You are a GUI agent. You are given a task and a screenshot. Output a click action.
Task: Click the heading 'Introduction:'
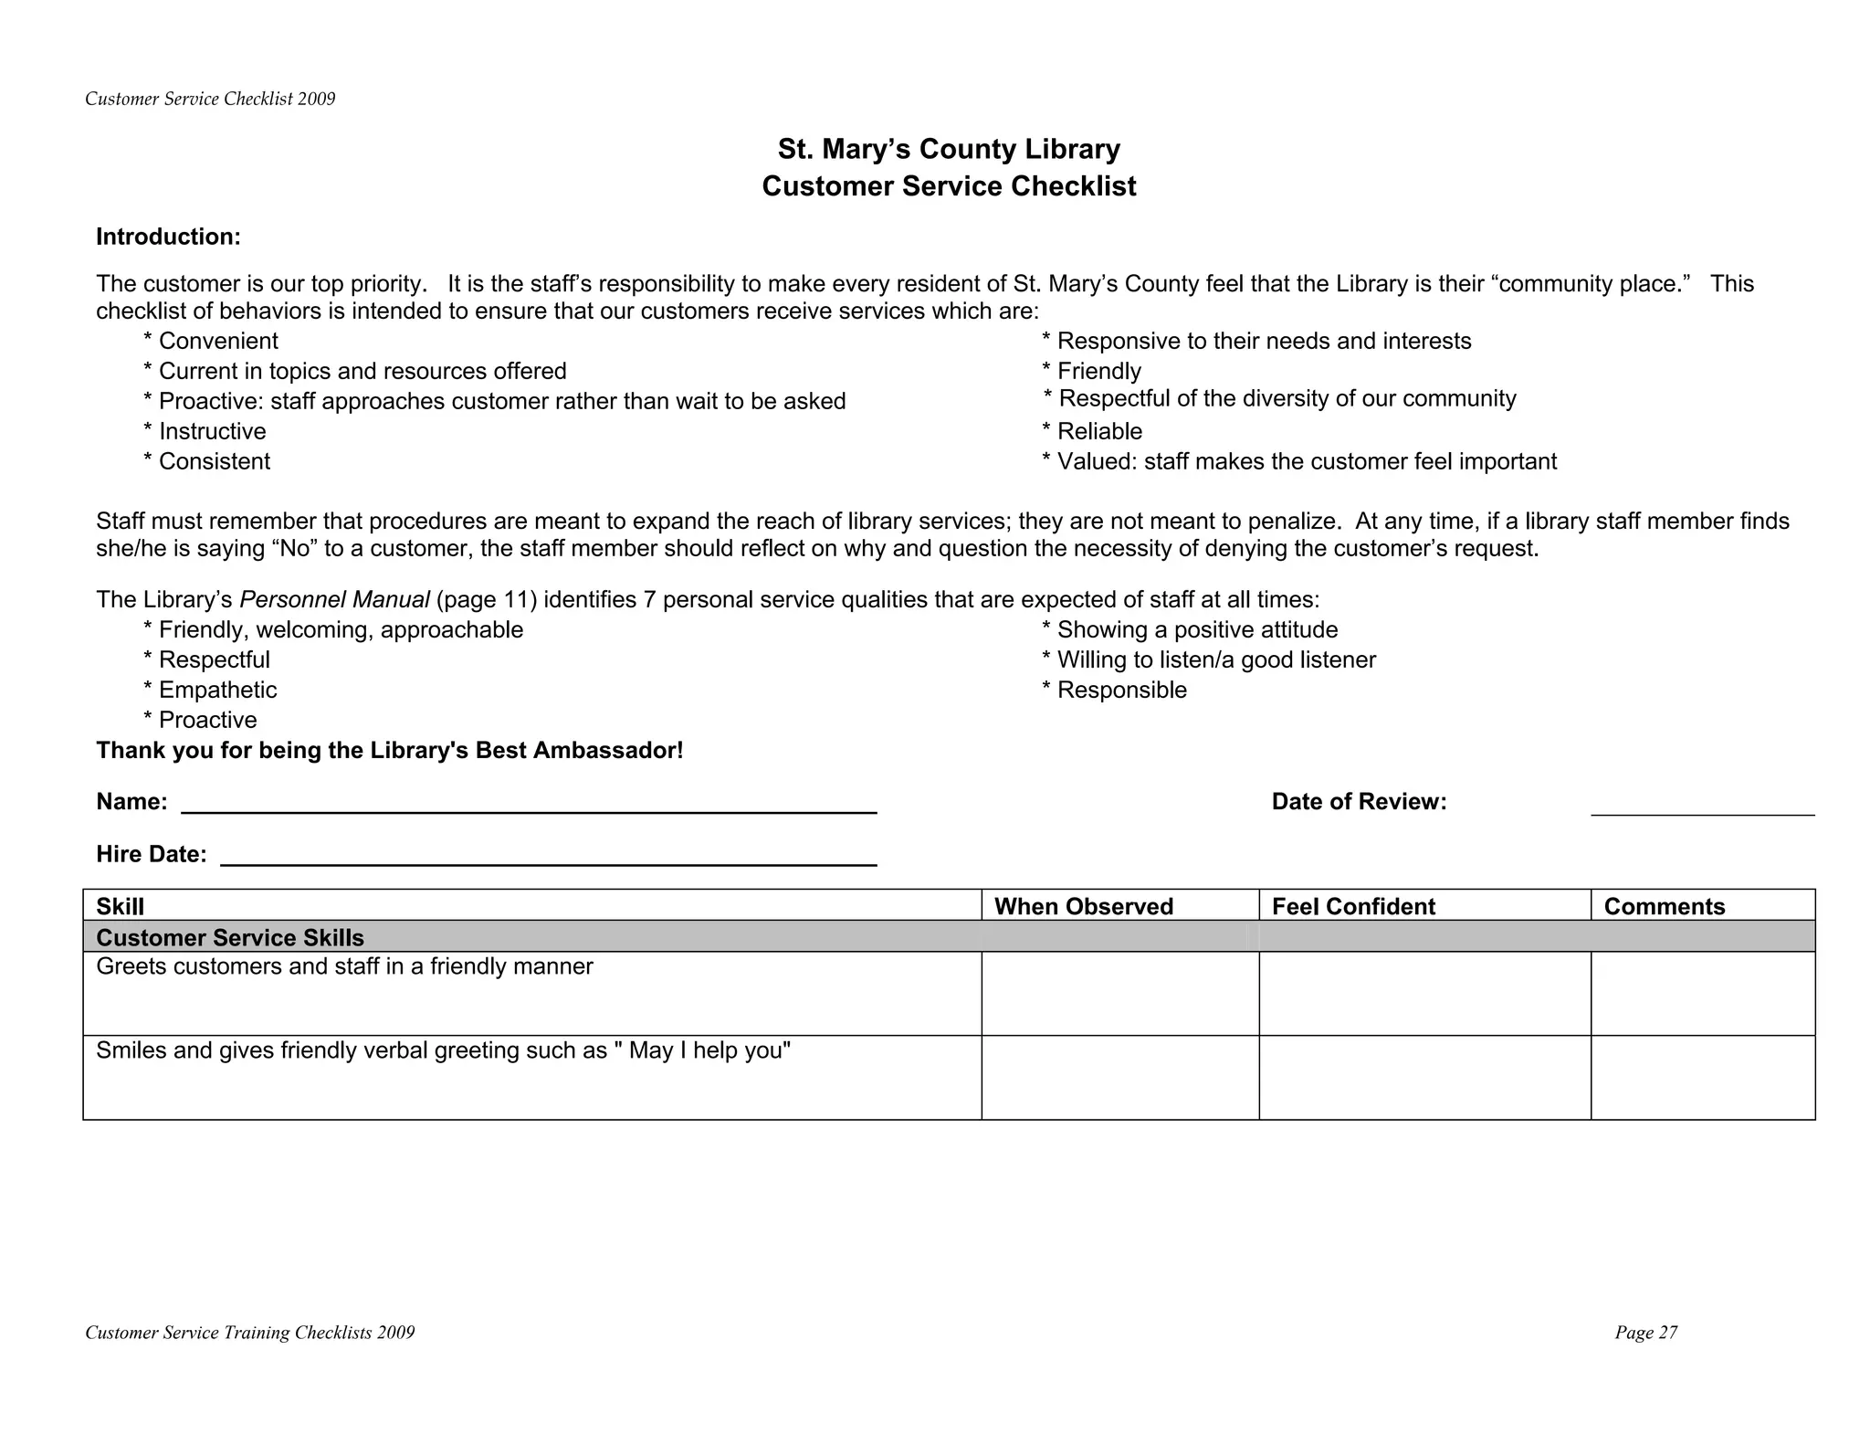click(x=168, y=237)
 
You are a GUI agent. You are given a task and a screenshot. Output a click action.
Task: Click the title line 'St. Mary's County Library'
click(x=949, y=149)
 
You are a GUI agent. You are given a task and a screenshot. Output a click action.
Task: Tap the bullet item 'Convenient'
click(x=217, y=342)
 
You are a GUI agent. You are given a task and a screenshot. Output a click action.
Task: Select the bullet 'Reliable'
click(x=1098, y=431)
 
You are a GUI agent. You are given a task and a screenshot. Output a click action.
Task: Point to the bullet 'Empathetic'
click(x=216, y=691)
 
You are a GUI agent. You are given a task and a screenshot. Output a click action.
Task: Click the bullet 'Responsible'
click(x=1120, y=691)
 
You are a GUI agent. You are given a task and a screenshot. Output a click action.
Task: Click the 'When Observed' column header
click(x=1083, y=906)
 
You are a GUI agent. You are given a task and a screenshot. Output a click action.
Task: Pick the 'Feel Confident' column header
click(x=1352, y=906)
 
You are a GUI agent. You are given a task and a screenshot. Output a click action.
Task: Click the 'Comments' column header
click(x=1664, y=906)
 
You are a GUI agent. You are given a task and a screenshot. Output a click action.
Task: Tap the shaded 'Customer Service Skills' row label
click(x=230, y=938)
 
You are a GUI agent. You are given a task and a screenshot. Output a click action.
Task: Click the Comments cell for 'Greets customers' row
click(x=1702, y=994)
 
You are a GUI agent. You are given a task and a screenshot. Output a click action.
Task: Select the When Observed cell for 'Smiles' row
click(x=1119, y=1078)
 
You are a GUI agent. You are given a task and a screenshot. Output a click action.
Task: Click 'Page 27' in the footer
click(x=1645, y=1333)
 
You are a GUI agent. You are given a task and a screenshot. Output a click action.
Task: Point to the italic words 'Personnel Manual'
click(x=334, y=600)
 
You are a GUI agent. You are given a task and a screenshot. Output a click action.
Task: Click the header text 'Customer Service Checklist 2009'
click(x=210, y=100)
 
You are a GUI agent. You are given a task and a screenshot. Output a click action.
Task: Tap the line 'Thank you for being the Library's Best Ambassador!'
click(x=389, y=751)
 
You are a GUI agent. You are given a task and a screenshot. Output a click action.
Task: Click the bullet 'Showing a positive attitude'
click(x=1196, y=630)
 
